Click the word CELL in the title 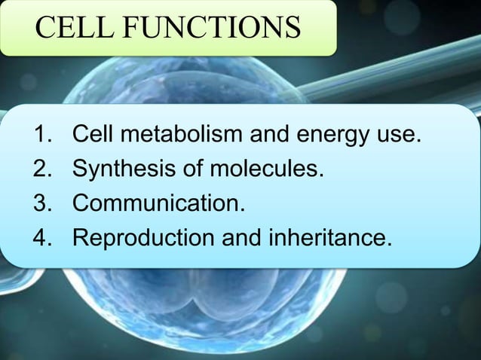[73, 27]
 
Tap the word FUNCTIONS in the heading [210, 27]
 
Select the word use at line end [398, 138]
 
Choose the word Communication [159, 204]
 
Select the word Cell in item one [93, 136]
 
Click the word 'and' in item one [270, 136]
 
